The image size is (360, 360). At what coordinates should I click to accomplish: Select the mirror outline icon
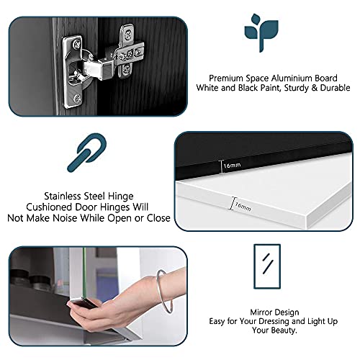click(x=267, y=266)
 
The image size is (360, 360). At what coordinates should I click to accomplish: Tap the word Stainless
click(x=62, y=197)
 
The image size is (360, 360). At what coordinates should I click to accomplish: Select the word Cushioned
click(x=49, y=207)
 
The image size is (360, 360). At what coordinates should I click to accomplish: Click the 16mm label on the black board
click(x=232, y=165)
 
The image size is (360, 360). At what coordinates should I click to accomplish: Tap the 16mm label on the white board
click(x=243, y=207)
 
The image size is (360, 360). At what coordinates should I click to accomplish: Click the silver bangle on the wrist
click(x=165, y=291)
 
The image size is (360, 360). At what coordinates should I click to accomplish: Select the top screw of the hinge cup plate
click(x=77, y=44)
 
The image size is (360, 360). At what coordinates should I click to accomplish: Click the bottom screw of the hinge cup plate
click(x=77, y=98)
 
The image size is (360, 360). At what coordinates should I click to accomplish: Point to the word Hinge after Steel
click(x=120, y=197)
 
